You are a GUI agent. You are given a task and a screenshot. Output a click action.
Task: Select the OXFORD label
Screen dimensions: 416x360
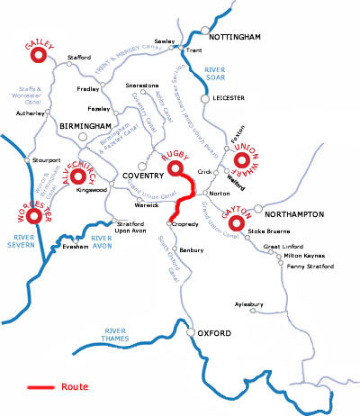(x=216, y=334)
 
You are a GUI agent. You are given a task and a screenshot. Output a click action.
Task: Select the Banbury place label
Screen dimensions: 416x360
(x=193, y=249)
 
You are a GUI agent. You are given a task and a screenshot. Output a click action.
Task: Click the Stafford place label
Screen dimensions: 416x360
(x=79, y=58)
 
